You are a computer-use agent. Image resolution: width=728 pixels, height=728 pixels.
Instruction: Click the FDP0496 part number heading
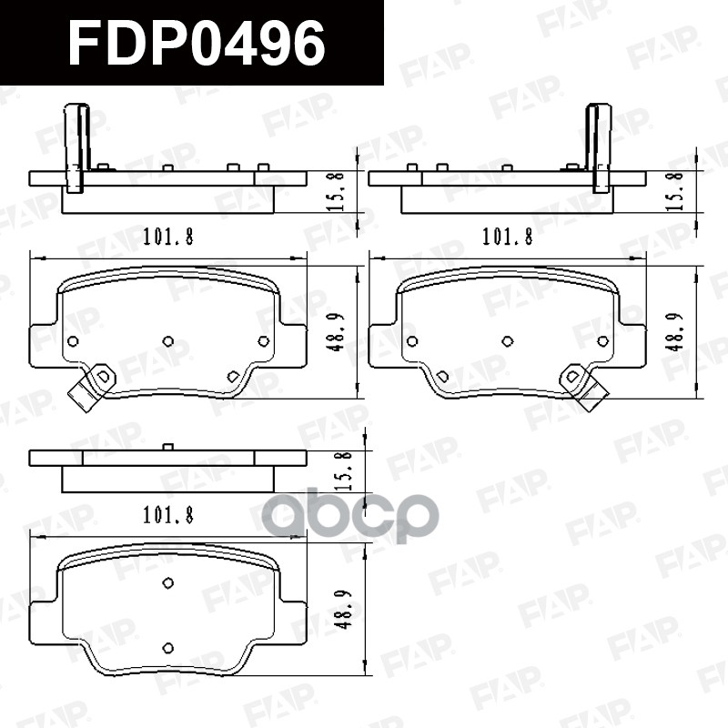point(196,43)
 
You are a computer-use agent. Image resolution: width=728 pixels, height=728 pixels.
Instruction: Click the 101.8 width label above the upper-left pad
point(167,238)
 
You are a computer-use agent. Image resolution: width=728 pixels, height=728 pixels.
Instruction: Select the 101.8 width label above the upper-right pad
point(506,238)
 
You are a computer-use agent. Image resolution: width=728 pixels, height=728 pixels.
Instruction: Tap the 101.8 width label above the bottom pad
point(167,517)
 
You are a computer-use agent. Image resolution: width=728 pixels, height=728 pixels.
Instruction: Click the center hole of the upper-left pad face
point(167,340)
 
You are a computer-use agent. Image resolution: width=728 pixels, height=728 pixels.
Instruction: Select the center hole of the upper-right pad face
point(507,340)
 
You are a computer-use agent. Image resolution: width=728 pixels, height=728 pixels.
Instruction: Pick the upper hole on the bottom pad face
point(167,583)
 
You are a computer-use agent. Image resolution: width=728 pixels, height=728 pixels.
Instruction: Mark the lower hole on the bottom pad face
point(167,647)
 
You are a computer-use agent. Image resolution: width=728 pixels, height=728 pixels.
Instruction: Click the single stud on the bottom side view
point(167,446)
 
